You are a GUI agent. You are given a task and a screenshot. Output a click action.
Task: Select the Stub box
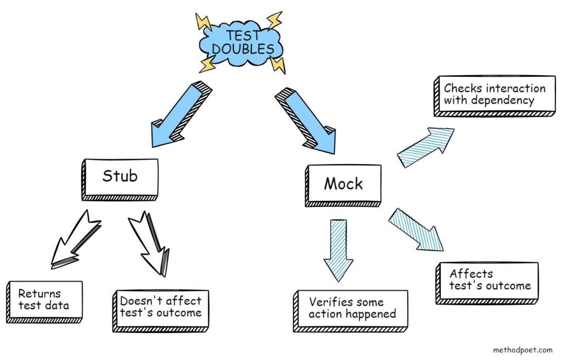click(121, 177)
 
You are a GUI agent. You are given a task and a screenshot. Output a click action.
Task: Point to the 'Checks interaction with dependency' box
click(494, 95)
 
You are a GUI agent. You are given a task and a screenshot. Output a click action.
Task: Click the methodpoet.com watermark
click(522, 348)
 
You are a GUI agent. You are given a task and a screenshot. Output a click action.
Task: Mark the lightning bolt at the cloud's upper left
click(204, 22)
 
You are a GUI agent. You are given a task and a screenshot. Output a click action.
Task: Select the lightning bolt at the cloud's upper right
click(274, 20)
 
